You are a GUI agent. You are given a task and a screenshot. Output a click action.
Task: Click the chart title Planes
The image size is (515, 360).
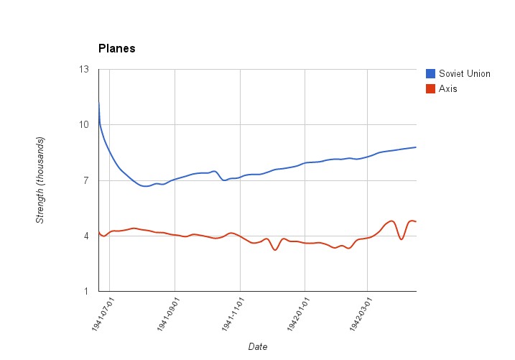pyautogui.click(x=116, y=49)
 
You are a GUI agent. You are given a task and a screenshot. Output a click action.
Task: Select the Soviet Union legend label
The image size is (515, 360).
pyautogui.click(x=464, y=73)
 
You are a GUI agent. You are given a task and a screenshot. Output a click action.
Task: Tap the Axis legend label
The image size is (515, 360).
pyautogui.click(x=447, y=89)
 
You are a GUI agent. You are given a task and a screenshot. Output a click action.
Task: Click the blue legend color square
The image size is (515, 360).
pyautogui.click(x=431, y=73)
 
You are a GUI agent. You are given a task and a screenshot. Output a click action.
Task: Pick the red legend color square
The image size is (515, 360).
pyautogui.click(x=431, y=89)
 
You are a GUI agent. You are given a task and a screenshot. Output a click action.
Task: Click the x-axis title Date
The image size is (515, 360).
pyautogui.click(x=258, y=346)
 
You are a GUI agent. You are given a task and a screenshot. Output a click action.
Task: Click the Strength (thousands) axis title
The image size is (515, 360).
pyautogui.click(x=41, y=180)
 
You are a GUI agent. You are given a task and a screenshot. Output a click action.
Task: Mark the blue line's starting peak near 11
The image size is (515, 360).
pyautogui.click(x=99, y=103)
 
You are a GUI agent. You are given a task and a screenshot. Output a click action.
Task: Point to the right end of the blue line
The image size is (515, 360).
pyautogui.click(x=416, y=147)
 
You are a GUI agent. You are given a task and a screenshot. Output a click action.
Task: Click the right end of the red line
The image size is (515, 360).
pyautogui.click(x=416, y=221)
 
